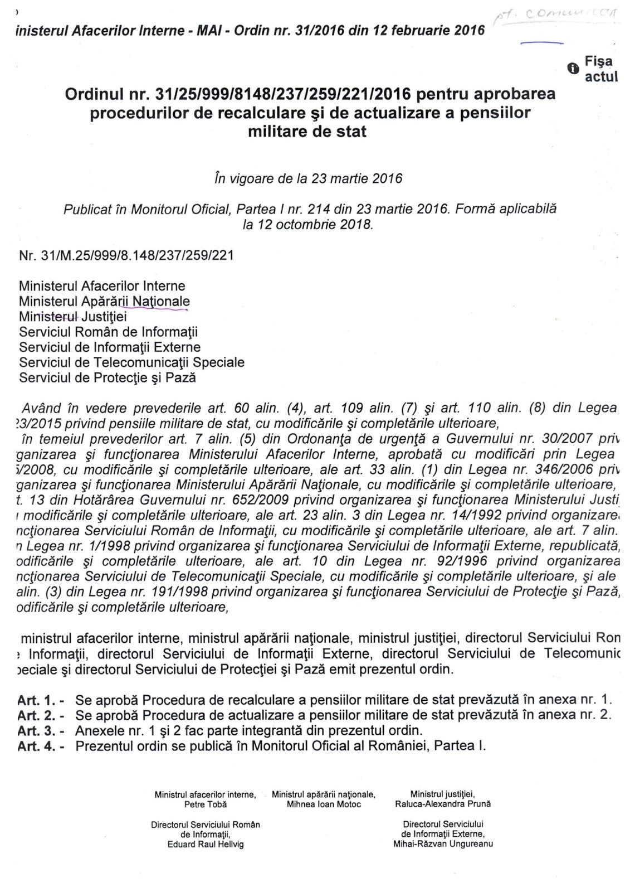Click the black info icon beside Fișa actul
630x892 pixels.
coord(572,69)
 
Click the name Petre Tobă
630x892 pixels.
coord(205,804)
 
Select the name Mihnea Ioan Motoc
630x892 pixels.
coord(324,804)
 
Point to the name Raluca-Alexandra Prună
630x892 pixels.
coord(443,804)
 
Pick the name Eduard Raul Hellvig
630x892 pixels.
coord(206,844)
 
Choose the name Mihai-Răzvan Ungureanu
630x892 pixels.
coord(443,843)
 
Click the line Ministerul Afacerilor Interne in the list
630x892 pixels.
coord(102,286)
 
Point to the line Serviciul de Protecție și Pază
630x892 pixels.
coord(108,377)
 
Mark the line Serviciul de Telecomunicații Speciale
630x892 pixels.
coord(131,362)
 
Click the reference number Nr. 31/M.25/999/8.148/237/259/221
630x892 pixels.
coord(126,255)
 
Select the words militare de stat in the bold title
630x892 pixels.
coord(310,132)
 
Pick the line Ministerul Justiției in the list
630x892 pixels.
coord(73,317)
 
